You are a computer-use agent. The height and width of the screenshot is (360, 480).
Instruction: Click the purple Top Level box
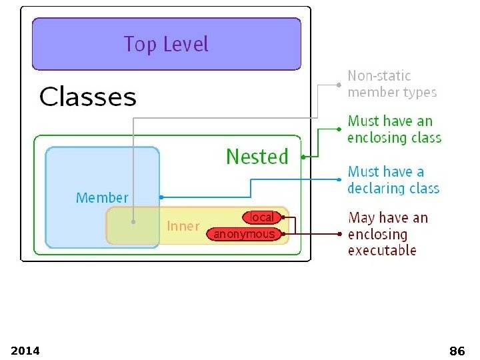166,44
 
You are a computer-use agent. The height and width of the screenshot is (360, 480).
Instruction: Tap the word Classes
87,97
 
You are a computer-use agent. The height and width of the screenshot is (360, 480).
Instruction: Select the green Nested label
257,157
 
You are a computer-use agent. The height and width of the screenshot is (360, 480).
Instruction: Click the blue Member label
102,198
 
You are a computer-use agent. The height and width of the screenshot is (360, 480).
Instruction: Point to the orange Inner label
183,226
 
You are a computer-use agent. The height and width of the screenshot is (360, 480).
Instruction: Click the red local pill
262,217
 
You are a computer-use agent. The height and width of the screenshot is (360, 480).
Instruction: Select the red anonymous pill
244,234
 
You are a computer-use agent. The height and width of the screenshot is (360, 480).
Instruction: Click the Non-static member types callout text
392,84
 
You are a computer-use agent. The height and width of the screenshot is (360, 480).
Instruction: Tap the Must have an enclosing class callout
394,129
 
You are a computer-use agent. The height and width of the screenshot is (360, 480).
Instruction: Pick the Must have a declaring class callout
393,180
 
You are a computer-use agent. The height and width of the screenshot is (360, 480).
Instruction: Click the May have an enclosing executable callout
388,234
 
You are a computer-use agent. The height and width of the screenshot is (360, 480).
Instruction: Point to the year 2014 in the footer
25,351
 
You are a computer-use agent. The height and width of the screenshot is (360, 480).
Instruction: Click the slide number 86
457,351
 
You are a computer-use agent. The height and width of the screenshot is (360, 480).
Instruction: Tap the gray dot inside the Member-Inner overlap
134,222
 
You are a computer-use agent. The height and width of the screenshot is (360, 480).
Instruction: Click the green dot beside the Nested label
303,157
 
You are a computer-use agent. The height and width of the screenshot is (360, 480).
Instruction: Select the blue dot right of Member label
161,197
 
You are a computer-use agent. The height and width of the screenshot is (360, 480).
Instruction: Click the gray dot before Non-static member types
339,85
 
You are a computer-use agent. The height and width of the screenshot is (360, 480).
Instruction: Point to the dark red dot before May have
339,234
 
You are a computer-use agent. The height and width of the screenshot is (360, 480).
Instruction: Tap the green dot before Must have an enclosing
339,129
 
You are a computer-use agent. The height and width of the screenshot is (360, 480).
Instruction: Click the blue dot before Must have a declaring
339,180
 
